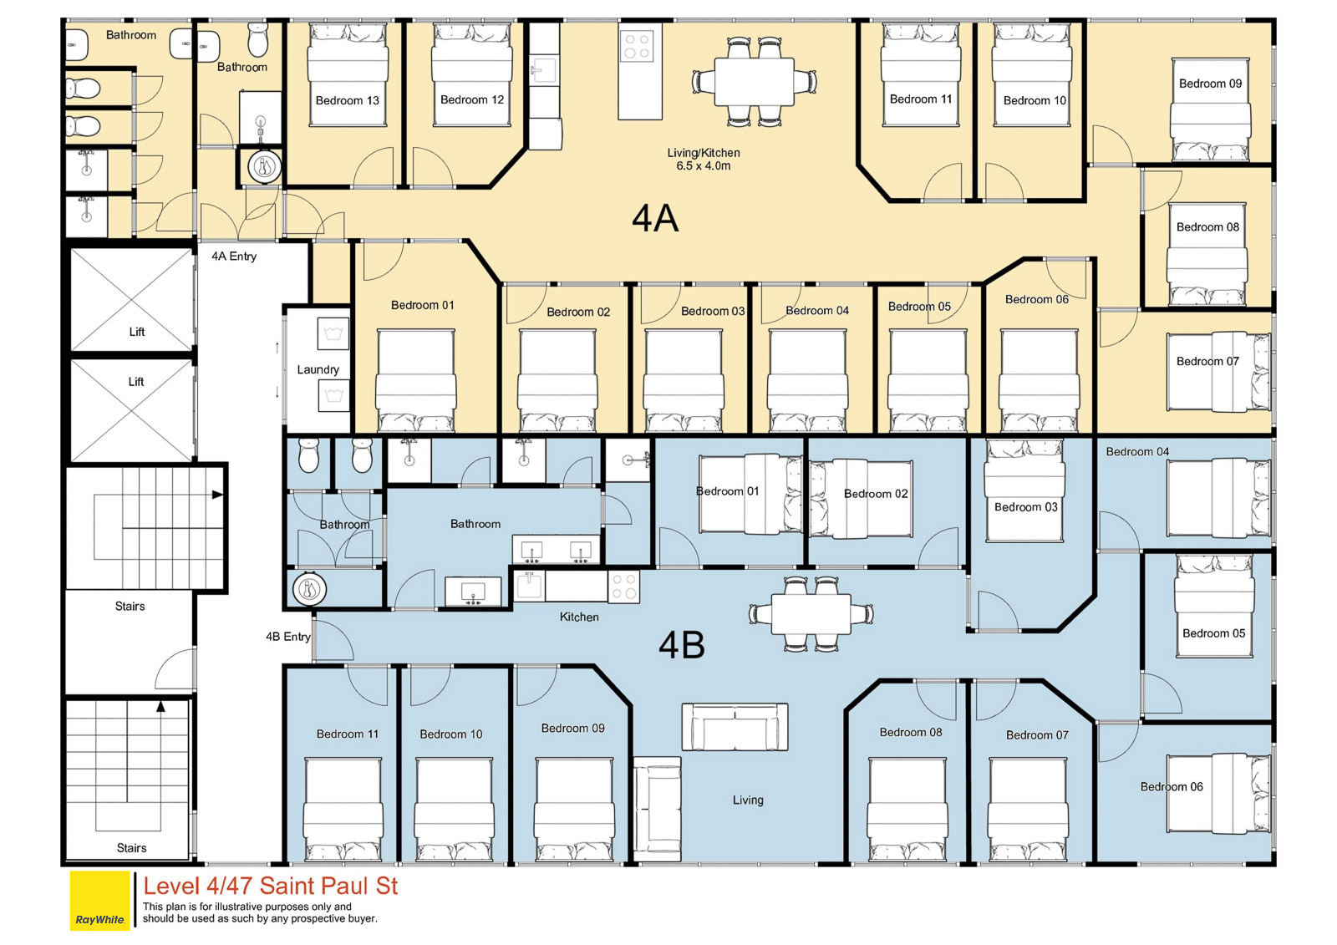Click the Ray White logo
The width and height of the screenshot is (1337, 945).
99,900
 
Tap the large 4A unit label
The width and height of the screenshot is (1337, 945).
655,218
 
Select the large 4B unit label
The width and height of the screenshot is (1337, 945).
682,645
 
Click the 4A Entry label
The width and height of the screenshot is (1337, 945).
234,257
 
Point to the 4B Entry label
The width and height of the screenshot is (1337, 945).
288,637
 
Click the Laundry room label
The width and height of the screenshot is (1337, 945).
318,369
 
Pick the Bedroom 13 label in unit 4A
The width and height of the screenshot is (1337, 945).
348,100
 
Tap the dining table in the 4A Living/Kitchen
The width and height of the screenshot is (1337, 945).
755,82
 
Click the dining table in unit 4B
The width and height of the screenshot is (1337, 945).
811,614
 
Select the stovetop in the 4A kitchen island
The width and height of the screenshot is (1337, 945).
637,47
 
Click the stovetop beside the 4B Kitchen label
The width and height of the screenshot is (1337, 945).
623,587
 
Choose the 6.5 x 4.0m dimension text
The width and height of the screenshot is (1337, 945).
703,166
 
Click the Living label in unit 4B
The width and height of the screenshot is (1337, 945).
748,800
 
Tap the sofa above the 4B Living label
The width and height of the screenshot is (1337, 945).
735,727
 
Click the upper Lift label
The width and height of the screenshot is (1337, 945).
137,332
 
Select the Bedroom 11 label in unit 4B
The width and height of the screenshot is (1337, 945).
348,734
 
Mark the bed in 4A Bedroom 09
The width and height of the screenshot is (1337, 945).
1211,109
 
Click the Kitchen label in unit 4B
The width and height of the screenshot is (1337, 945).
579,617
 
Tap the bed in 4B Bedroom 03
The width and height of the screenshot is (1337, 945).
1024,490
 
